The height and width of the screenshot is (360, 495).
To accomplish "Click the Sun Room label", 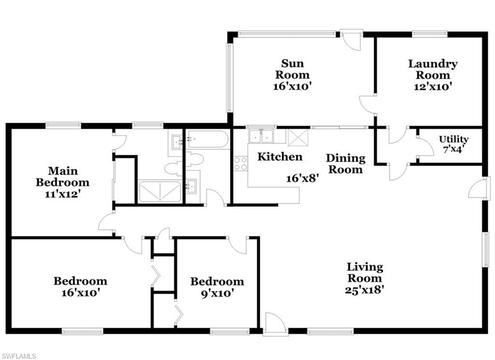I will [x=292, y=69].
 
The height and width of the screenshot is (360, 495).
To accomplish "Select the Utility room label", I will [x=453, y=139].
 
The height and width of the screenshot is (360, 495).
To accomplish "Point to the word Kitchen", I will [x=280, y=157].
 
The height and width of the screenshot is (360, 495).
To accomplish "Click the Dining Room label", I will [x=345, y=164].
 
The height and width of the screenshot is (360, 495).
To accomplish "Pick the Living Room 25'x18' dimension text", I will [x=365, y=290].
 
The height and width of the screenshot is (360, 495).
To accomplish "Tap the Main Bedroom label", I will [x=69, y=177].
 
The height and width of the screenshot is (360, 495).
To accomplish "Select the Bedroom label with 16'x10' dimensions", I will [x=80, y=281].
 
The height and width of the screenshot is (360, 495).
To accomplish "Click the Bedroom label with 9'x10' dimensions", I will [x=217, y=282].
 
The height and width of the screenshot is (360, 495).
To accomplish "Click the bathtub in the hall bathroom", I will [x=208, y=139].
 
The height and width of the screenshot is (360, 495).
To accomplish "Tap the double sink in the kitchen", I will [x=261, y=136].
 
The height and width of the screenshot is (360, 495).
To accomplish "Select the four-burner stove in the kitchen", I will [x=240, y=164].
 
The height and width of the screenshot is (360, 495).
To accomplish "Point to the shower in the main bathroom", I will [x=160, y=192].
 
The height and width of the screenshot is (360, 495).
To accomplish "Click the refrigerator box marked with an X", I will [x=294, y=136].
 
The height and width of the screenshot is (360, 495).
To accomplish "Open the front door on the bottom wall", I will [x=276, y=323].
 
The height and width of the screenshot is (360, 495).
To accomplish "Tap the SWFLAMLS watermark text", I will [x=18, y=356].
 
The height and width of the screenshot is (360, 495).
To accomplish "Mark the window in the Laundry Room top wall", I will [x=429, y=34].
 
